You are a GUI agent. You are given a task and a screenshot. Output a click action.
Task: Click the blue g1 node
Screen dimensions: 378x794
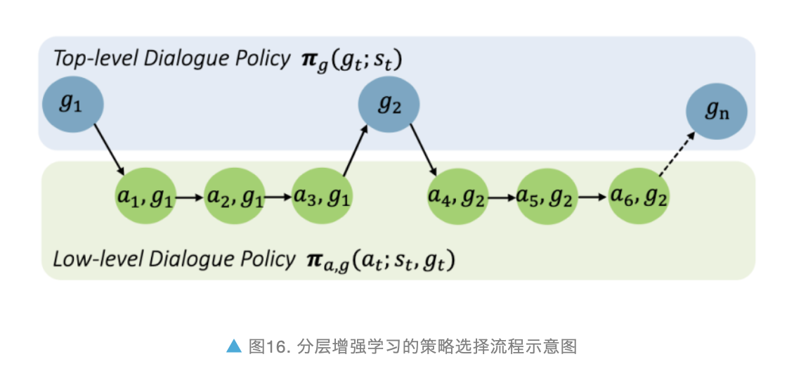pos(72,105)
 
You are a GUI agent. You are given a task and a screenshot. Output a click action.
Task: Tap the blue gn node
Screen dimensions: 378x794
pos(716,113)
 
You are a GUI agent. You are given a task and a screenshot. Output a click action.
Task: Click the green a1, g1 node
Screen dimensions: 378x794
pos(144,198)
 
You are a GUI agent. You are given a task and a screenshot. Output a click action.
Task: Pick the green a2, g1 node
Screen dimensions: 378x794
pos(235,198)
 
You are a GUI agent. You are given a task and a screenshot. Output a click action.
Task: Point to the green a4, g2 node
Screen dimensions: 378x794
pos(457,198)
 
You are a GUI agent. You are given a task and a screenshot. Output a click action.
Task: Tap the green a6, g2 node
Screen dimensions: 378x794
pos(638,198)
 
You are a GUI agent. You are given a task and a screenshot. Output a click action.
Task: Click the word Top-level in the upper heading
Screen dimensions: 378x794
pos(96,59)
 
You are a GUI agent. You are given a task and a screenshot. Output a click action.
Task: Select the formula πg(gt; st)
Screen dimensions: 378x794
pos(349,60)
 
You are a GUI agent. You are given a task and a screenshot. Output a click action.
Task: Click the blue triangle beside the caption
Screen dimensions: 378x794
pos(233,346)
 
